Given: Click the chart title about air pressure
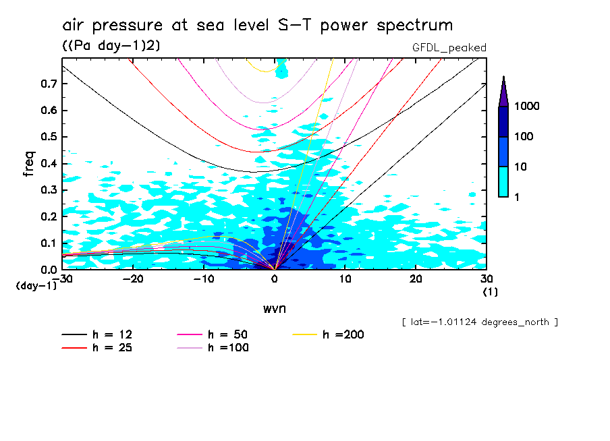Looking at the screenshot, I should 257,26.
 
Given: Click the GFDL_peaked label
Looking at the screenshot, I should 449,47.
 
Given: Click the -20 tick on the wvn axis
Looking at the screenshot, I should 133,279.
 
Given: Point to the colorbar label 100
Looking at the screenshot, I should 524,136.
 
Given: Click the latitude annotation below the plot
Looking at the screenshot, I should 479,322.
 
